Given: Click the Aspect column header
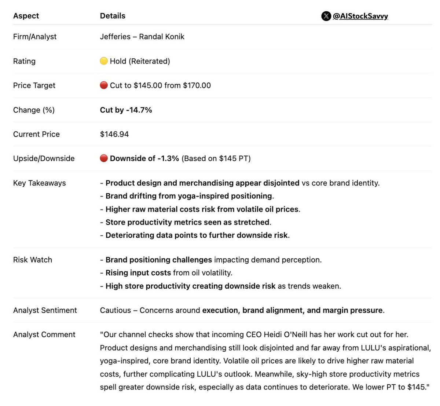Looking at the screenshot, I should pos(26,16).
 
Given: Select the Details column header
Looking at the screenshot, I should pos(113,16).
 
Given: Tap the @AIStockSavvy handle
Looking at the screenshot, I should pos(360,16).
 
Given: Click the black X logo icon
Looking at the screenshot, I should pos(326,16).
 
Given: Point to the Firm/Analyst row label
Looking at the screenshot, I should pos(35,37).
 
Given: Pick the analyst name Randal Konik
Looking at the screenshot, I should pos(162,37).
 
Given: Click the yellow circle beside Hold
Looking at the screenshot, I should pos(104,61).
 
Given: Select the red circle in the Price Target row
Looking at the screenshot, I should pos(104,85).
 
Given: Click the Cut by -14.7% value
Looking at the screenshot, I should pos(126,110).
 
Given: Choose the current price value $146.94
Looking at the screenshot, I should pos(114,134).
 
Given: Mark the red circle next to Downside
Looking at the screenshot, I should pos(104,158).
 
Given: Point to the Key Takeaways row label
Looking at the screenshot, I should pos(40,183).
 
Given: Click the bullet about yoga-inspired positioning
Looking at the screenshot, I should pos(189,196).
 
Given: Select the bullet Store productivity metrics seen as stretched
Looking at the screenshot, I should pos(187,222).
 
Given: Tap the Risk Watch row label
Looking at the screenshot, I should pos(33,260).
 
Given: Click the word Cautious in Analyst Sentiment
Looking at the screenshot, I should pos(115,310).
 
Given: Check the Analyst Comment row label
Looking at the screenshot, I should pos(44,334).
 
